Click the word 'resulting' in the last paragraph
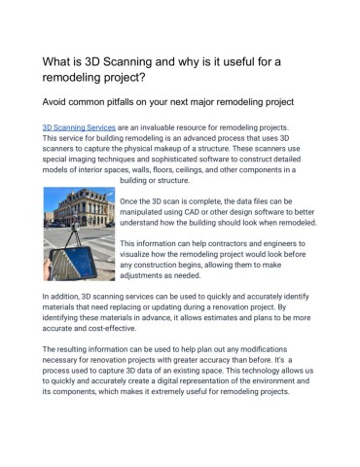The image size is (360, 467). (76, 347)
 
